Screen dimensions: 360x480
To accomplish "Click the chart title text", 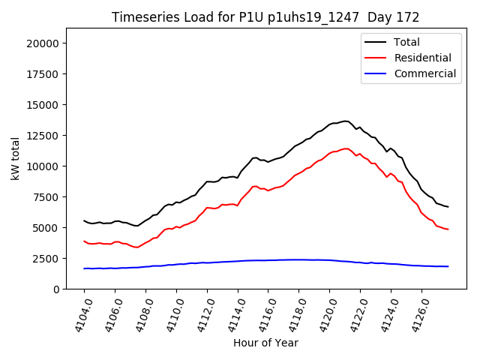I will click(265, 17).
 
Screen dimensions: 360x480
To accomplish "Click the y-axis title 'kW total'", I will click(15, 158).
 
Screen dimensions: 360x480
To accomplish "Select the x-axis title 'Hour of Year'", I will click(265, 343).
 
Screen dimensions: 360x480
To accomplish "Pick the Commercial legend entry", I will click(424, 73).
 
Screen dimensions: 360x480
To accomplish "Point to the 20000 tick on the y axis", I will click(43, 43).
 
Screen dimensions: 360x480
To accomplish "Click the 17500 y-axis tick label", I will click(43, 74).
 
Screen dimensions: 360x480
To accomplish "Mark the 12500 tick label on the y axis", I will click(43, 136).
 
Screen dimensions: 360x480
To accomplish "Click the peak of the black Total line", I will click(345, 121).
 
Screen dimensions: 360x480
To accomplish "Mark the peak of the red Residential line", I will click(345, 148).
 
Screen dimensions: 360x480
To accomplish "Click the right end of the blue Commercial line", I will click(448, 266).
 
